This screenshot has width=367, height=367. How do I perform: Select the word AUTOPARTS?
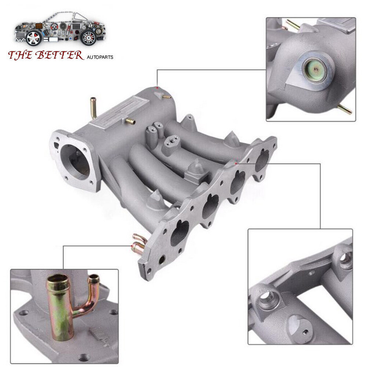click(x=100, y=57)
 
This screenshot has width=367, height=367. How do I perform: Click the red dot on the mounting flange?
click(x=236, y=163)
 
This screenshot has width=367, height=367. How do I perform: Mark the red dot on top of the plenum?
click(x=157, y=88)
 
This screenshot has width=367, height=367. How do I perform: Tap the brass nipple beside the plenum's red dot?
click(x=167, y=97)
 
